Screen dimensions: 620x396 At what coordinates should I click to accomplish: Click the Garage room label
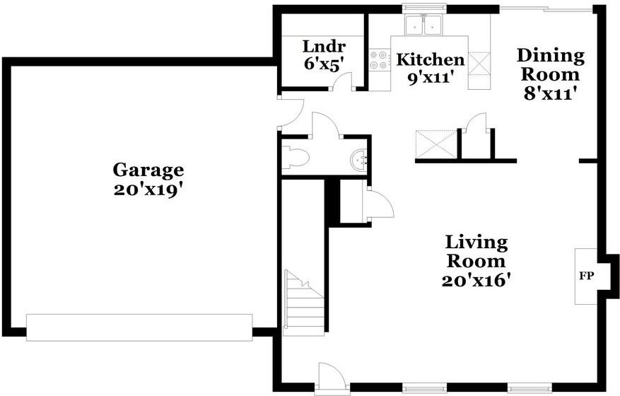point(148,170)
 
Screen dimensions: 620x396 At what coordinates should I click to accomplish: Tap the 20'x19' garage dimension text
point(148,190)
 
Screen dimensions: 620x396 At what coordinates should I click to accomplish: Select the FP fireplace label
point(587,276)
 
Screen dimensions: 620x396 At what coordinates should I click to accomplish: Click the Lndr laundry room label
point(324,46)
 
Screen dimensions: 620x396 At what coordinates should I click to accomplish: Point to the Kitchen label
point(431,59)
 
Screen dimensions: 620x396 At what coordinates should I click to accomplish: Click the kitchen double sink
point(423,25)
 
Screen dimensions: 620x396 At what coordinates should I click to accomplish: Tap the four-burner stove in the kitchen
point(380,59)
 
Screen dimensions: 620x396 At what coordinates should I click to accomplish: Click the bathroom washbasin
point(359,161)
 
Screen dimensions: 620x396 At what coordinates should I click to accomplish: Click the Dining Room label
point(551,65)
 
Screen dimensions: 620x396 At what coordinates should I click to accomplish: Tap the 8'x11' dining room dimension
point(549,94)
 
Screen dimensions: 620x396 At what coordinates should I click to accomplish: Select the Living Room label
point(476,252)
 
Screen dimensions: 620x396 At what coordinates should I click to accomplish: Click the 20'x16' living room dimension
point(474,281)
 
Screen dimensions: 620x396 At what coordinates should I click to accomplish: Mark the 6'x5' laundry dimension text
point(323,64)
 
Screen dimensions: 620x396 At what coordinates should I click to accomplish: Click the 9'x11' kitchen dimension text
point(430,78)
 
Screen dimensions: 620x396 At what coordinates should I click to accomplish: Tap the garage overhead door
point(139,327)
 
